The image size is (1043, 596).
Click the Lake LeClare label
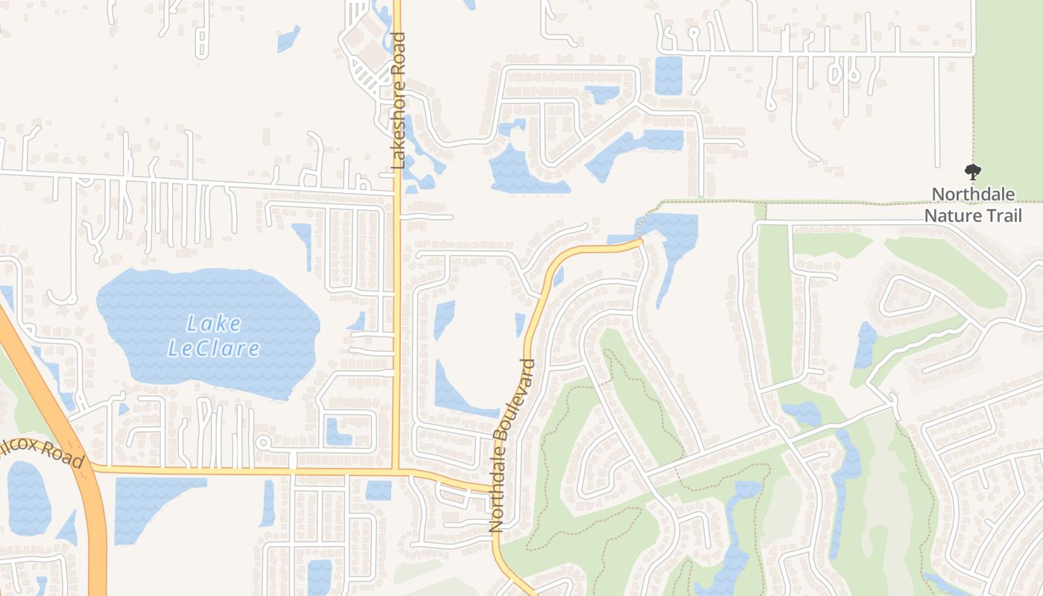pos(213,335)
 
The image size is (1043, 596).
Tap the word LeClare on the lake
pos(213,348)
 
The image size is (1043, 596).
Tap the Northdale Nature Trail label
pos(972,205)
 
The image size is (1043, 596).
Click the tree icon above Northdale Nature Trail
pos(972,173)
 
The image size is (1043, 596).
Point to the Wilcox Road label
pos(45,450)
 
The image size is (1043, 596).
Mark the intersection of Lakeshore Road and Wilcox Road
pos(397,470)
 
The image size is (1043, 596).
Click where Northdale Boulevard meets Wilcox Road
pos(494,489)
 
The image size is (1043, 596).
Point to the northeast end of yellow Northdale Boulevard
pos(638,241)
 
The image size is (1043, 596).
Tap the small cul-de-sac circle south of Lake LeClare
pos(262,443)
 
